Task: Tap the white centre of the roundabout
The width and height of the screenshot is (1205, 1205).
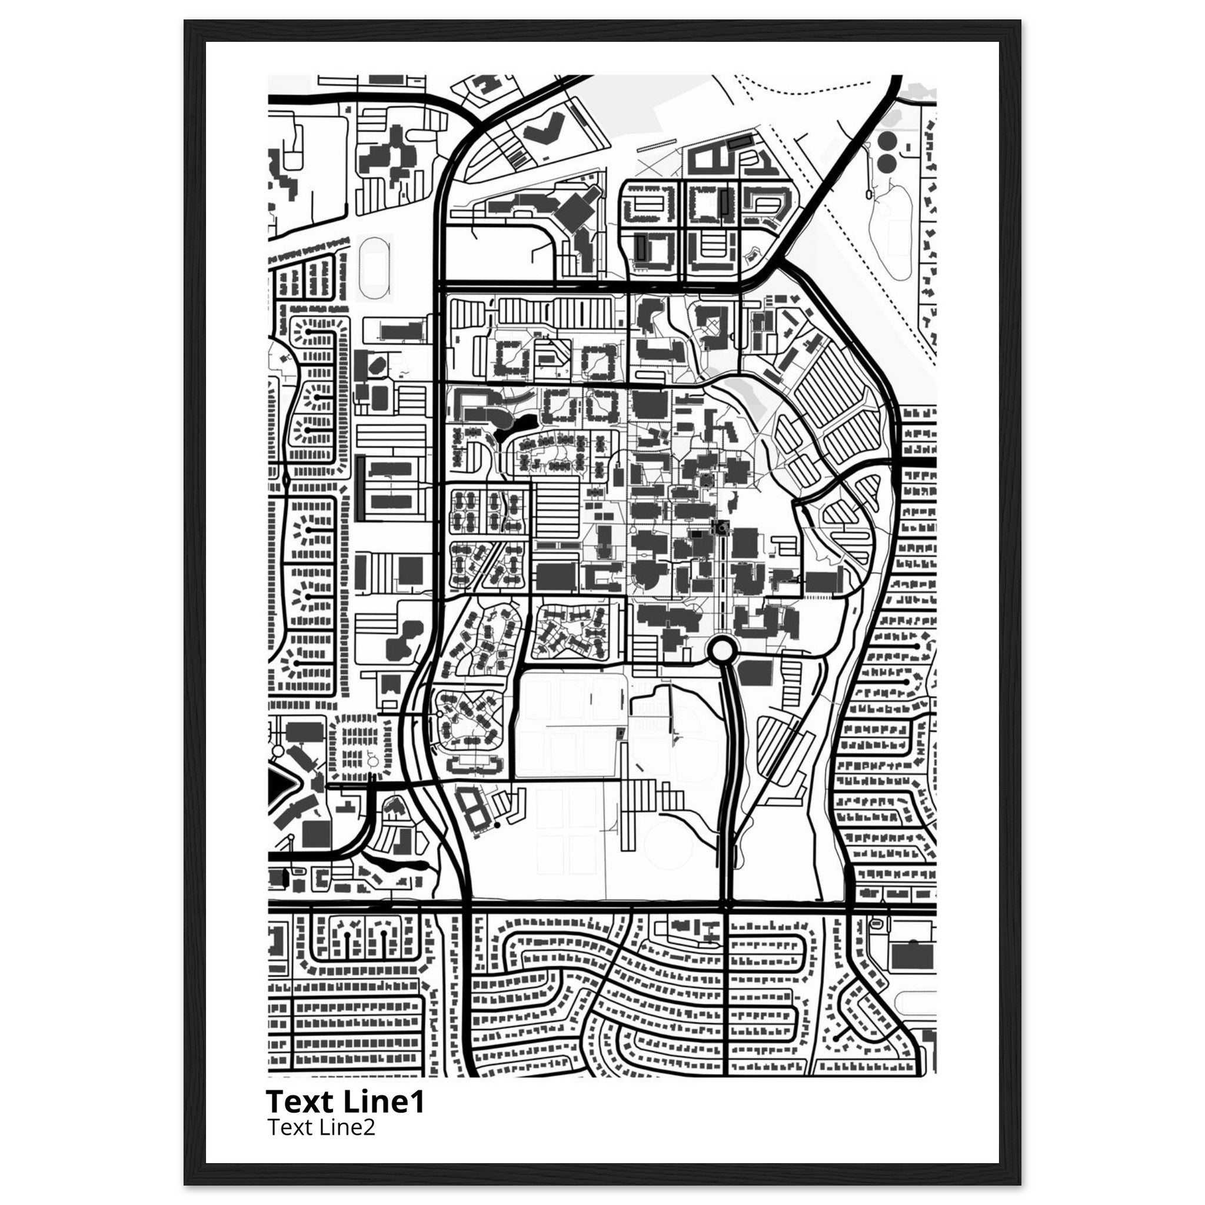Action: pyautogui.click(x=721, y=651)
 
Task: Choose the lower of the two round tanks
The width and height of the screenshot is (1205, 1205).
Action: pyautogui.click(x=886, y=164)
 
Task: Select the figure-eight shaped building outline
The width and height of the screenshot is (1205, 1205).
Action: pyautogui.click(x=473, y=808)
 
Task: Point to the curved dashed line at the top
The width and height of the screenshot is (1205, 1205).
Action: pyautogui.click(x=811, y=91)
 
